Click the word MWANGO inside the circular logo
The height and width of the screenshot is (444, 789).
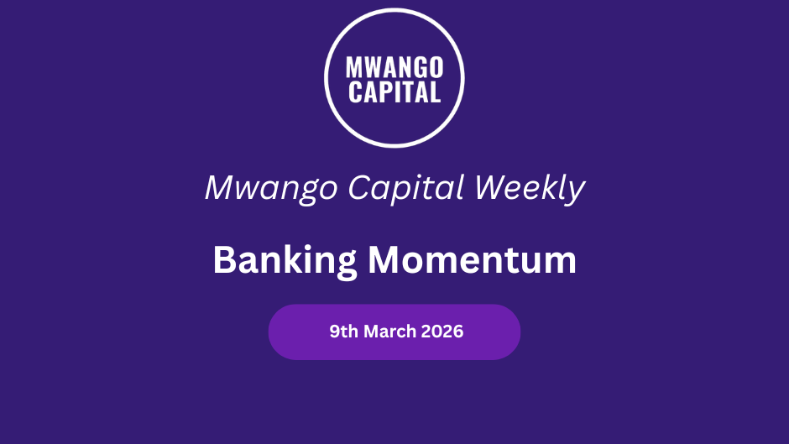[394, 67]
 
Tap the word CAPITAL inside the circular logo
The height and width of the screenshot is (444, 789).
[394, 92]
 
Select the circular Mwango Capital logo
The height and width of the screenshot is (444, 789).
[394, 78]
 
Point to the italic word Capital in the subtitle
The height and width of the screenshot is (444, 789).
[405, 188]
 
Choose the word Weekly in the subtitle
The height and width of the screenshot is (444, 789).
[530, 188]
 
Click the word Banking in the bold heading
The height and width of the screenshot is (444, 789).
[285, 261]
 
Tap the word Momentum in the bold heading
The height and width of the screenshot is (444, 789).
[472, 259]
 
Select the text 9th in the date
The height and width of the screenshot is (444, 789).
[343, 332]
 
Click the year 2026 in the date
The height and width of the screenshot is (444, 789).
[442, 332]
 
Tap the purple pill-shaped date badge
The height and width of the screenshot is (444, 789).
[394, 332]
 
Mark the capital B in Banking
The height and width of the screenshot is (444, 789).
[224, 259]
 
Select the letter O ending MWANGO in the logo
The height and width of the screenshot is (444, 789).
[436, 67]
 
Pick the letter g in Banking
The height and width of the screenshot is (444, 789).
[345, 264]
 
